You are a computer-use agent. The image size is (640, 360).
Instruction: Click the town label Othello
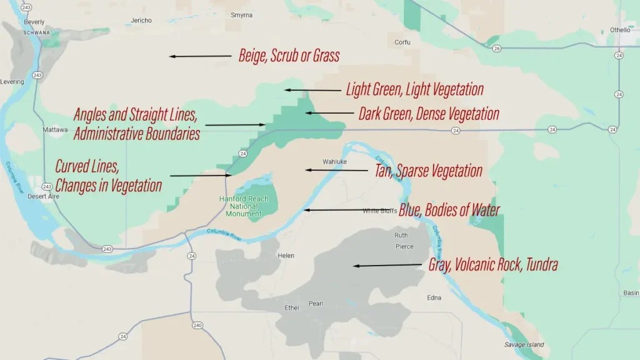[x=620, y=29]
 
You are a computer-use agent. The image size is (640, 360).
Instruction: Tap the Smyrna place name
[x=241, y=14]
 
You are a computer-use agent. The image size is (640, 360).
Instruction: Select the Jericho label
[x=141, y=21]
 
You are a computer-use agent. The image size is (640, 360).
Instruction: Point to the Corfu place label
[x=402, y=42]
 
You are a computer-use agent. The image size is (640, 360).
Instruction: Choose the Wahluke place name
[x=334, y=161]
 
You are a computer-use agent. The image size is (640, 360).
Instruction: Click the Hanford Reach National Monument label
[x=244, y=206]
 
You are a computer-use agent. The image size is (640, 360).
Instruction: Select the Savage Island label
[x=524, y=344]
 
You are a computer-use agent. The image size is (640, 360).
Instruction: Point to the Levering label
[x=12, y=82]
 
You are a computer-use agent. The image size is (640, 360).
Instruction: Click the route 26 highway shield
[x=496, y=48]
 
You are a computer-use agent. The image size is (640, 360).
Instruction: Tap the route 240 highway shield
[x=197, y=325]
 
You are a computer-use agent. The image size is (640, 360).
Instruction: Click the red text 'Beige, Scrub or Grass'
[x=289, y=56]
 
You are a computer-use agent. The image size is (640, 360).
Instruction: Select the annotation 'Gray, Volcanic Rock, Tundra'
[x=492, y=265]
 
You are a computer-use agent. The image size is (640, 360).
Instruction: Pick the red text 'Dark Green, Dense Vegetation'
[x=429, y=114]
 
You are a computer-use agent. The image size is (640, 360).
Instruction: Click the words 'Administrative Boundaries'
[x=136, y=134]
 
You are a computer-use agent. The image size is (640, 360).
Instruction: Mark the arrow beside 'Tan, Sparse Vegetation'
[x=336, y=170]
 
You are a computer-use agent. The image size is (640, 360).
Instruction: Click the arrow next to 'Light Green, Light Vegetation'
[x=312, y=90]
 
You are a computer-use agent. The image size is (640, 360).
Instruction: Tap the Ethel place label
[x=292, y=307]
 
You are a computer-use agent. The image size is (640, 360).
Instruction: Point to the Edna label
[x=434, y=297]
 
